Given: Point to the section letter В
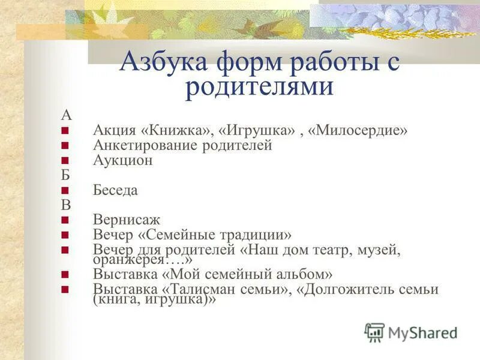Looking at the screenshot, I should point(65,204).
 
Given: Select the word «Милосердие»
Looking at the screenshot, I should point(358,130).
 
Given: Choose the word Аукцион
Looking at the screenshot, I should point(123,160).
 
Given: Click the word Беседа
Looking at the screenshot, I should point(116,190).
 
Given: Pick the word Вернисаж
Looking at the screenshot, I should point(127,220).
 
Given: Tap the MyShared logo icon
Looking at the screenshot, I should point(374,332).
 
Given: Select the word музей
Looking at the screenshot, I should point(377,249).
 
